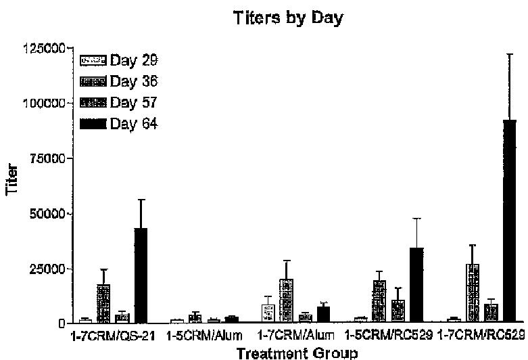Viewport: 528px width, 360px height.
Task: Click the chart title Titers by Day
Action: coord(288,18)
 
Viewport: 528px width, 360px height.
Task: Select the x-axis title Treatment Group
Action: coord(290,352)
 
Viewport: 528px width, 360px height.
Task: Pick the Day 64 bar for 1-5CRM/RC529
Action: coord(416,285)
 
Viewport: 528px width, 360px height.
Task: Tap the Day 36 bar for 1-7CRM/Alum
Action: coord(287,300)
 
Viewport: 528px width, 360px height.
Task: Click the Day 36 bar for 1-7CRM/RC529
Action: coord(473,293)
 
